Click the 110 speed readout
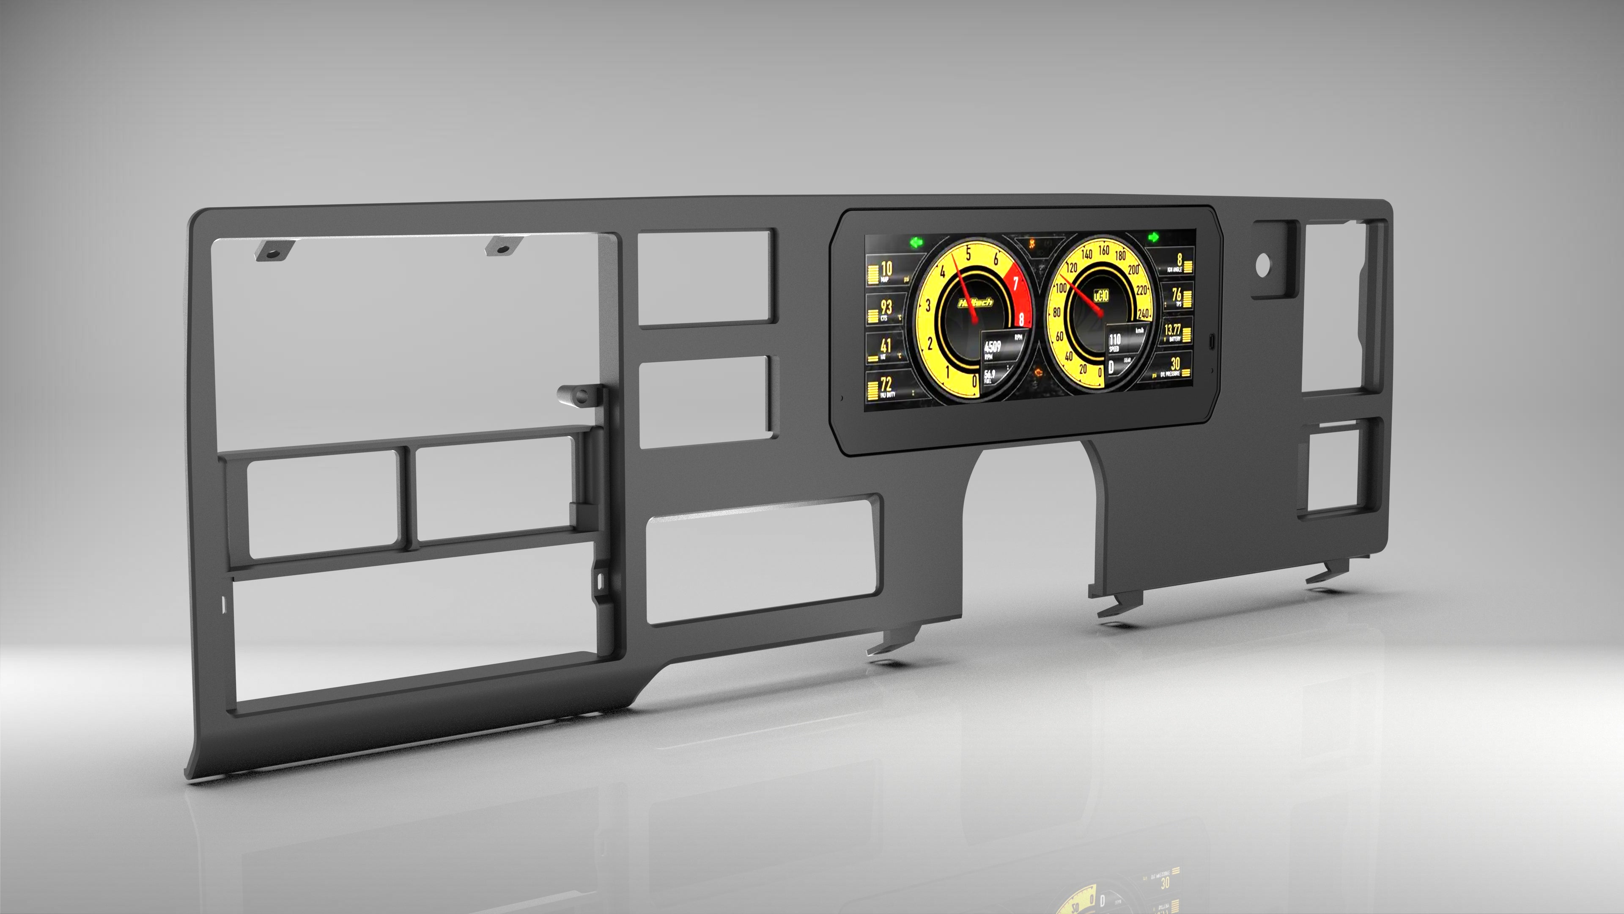1115,340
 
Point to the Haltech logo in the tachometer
975,303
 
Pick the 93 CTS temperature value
886,307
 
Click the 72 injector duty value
886,383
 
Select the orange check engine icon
1032,242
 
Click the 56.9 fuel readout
990,374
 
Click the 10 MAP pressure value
886,269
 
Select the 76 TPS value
1177,294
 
